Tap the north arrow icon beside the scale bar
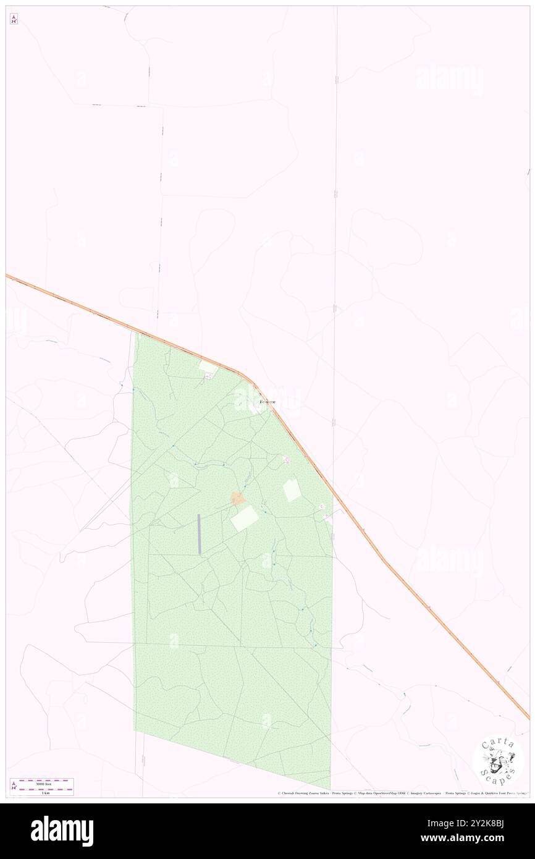pyautogui.click(x=14, y=786)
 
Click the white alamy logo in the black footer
pyautogui.click(x=62, y=831)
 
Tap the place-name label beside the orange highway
pyautogui.click(x=267, y=402)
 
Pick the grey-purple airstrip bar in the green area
pyautogui.click(x=199, y=534)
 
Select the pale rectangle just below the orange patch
pyautogui.click(x=245, y=518)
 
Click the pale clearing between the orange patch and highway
pyautogui.click(x=292, y=491)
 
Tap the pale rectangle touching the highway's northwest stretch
pyautogui.click(x=208, y=368)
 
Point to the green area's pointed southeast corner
pyautogui.click(x=331, y=787)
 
